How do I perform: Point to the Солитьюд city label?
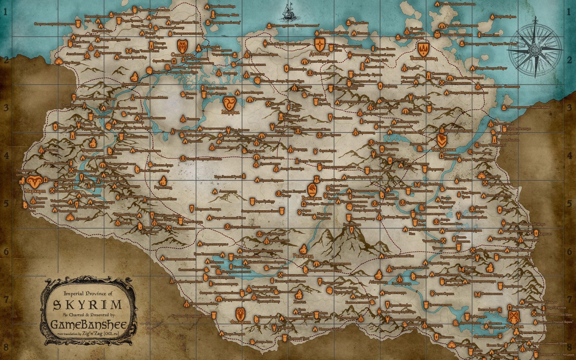[182, 55]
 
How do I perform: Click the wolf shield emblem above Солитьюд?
[182, 45]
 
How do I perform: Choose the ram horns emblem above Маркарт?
[33, 181]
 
